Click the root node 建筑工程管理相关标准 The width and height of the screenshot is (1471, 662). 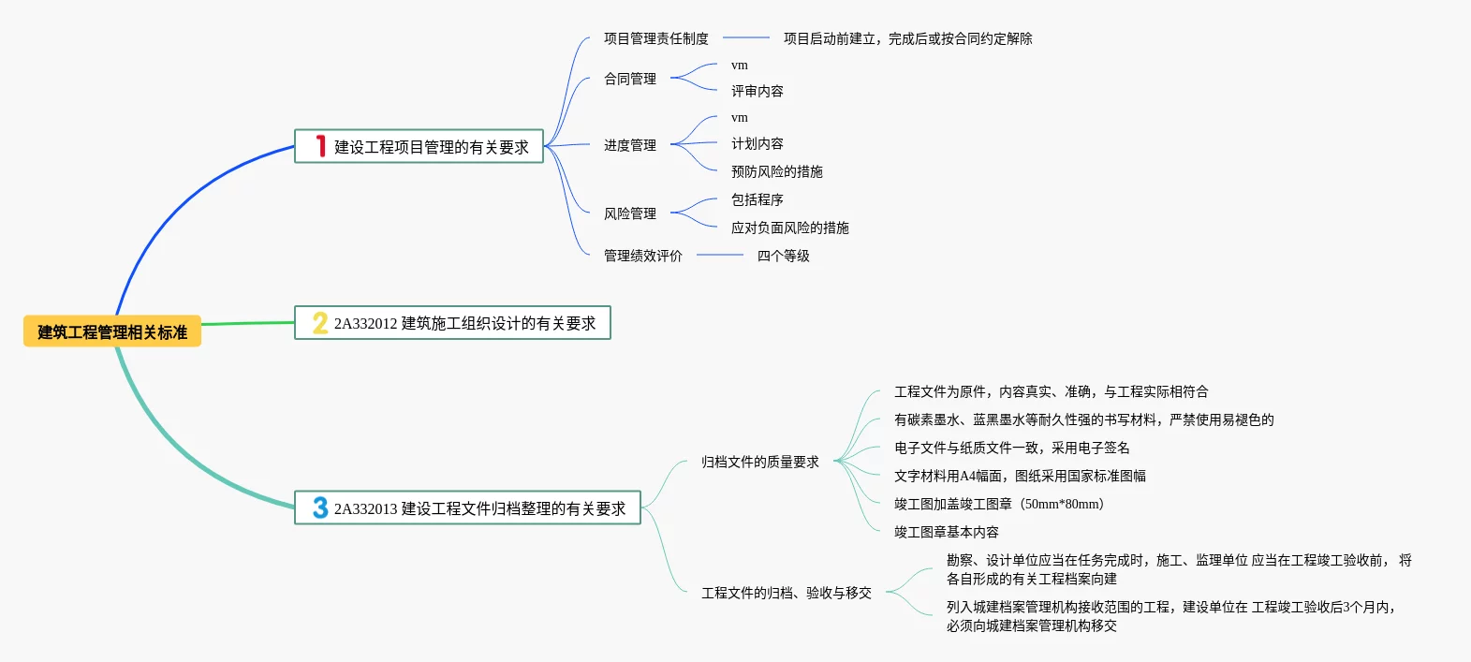pyautogui.click(x=112, y=331)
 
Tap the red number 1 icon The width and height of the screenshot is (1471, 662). pyautogui.click(x=320, y=146)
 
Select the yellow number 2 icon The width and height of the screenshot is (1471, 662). pyautogui.click(x=320, y=323)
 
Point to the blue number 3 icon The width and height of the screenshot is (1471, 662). pyautogui.click(x=320, y=508)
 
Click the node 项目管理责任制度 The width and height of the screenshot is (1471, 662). pyautogui.click(x=655, y=38)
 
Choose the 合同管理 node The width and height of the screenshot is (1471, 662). pyautogui.click(x=629, y=79)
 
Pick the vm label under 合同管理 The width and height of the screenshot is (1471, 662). pyautogui.click(x=740, y=66)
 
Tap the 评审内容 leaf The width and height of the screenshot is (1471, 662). pyautogui.click(x=757, y=91)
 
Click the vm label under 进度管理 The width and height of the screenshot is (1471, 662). pyautogui.click(x=740, y=118)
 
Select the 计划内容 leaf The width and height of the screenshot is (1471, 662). pyautogui.click(x=757, y=143)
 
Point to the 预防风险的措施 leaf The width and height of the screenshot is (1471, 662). pyautogui.click(x=776, y=171)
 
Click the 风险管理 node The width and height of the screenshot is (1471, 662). pyautogui.click(x=629, y=213)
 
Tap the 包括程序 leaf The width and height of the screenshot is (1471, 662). pyautogui.click(x=757, y=199)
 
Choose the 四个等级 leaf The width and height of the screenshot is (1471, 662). pyautogui.click(x=783, y=256)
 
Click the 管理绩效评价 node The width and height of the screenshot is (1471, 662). pyautogui.click(x=642, y=256)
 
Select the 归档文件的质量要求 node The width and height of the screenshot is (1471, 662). pyautogui.click(x=759, y=462)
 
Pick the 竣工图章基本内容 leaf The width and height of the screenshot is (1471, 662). pyautogui.click(x=946, y=532)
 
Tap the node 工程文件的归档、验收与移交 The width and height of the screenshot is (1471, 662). pyautogui.click(x=786, y=593)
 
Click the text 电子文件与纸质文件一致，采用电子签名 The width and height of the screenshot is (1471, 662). pyautogui.click(x=1011, y=448)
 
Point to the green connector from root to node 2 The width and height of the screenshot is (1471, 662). pyautogui.click(x=248, y=324)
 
